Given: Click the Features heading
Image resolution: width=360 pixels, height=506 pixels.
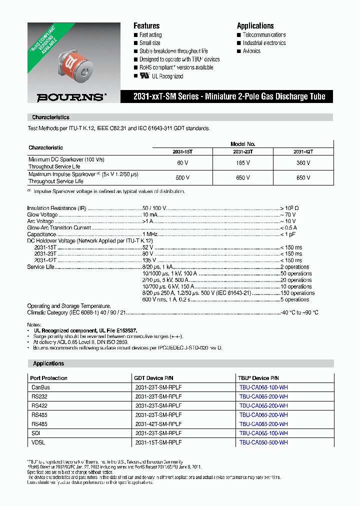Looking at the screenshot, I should [x=146, y=26].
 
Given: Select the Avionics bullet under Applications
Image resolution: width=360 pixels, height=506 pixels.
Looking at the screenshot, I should [x=251, y=51].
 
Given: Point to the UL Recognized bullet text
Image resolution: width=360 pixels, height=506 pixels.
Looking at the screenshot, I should [x=167, y=76].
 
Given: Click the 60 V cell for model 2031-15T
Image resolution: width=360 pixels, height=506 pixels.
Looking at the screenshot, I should [x=182, y=163].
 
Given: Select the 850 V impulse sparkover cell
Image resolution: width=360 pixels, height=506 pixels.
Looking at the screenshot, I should [x=303, y=177].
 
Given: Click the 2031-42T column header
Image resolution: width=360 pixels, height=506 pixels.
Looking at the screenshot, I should [x=303, y=151].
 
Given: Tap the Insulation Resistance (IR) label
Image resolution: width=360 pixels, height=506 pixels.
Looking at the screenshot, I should [x=52, y=208].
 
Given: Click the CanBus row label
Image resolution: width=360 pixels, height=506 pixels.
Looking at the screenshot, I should [x=40, y=387].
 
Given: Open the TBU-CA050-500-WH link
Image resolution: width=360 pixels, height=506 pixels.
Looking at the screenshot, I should [x=263, y=442].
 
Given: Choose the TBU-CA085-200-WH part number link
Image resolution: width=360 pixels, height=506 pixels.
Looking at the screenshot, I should [x=263, y=424].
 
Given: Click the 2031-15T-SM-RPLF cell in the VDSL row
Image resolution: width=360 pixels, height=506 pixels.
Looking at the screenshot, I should [x=158, y=442].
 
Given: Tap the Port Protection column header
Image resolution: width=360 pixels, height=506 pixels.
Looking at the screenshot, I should [x=48, y=378].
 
